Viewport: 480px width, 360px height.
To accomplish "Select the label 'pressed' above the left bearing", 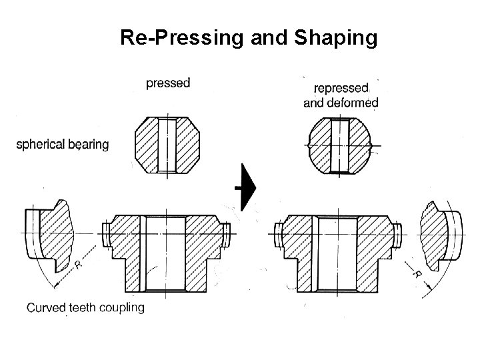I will [168, 83].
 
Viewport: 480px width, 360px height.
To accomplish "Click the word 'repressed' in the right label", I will [341, 88].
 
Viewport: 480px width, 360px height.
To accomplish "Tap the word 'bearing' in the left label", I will [87, 144].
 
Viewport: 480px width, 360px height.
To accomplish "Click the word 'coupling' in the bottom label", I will [122, 307].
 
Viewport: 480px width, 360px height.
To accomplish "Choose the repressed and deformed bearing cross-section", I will [340, 145].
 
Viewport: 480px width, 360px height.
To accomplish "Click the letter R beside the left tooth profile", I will [79, 265].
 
